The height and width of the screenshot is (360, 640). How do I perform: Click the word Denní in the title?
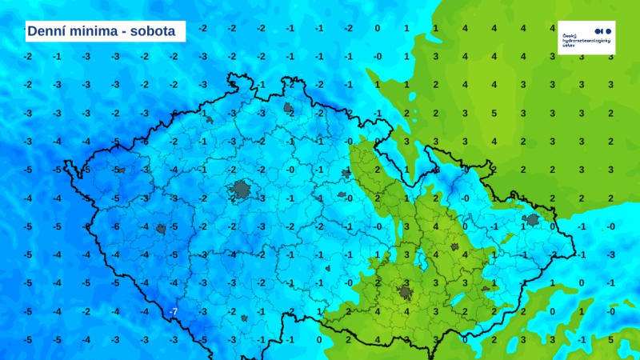46,31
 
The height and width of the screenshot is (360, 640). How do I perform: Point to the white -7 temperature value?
173,310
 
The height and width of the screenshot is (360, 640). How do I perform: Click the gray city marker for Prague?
241,189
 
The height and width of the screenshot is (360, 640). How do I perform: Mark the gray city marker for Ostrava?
531,220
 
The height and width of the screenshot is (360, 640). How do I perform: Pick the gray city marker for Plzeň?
161,229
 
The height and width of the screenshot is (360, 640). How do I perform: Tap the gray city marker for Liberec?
289,106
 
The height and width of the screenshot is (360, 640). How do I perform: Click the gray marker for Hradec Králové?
346,173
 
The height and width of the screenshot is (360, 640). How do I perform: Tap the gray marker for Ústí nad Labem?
209,120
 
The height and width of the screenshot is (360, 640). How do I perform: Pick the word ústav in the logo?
569,46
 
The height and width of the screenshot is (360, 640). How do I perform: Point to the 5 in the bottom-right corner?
610,339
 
